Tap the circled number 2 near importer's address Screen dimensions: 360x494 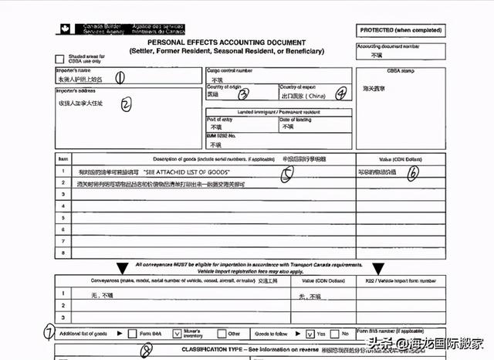coord(125,103)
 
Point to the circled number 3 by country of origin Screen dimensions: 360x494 coord(244,95)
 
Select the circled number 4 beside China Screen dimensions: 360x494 coord(340,95)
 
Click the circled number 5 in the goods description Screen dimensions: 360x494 coord(286,175)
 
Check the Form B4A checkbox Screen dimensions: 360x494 coord(135,333)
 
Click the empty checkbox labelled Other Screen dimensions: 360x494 coord(220,333)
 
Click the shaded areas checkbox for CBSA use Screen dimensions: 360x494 coord(59,59)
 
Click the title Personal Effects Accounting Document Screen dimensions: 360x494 coord(232,43)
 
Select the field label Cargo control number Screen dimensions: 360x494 coord(231,70)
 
